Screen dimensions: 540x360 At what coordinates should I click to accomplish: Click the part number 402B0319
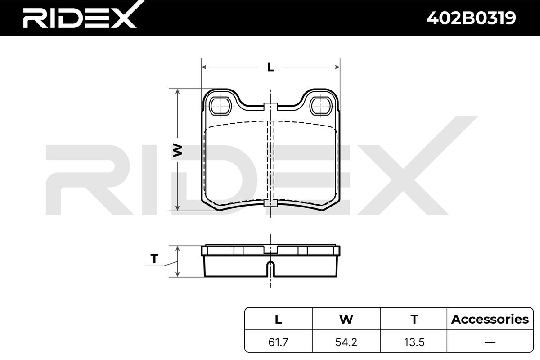click(x=471, y=18)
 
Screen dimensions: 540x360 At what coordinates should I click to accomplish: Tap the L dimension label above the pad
click(x=271, y=67)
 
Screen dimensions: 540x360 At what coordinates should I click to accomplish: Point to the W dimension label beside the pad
click(x=177, y=150)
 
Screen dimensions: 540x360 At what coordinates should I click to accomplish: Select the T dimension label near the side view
click(x=154, y=258)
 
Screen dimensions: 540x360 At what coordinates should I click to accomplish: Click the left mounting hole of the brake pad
click(x=220, y=106)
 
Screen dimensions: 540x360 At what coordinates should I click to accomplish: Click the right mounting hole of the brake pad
click(x=321, y=106)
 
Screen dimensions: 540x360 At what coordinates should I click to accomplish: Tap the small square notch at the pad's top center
click(x=270, y=107)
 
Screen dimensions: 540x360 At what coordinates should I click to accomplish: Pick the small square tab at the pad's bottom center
click(x=270, y=203)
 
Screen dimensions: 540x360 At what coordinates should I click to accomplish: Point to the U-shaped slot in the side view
click(x=271, y=269)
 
